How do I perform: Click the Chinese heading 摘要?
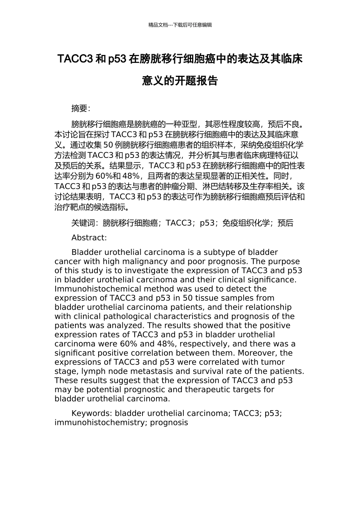pos(81,108)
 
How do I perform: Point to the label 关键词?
pos(85,223)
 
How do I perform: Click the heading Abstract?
pos(89,238)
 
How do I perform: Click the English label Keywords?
pos(92,413)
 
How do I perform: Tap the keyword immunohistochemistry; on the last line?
pos(101,422)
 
